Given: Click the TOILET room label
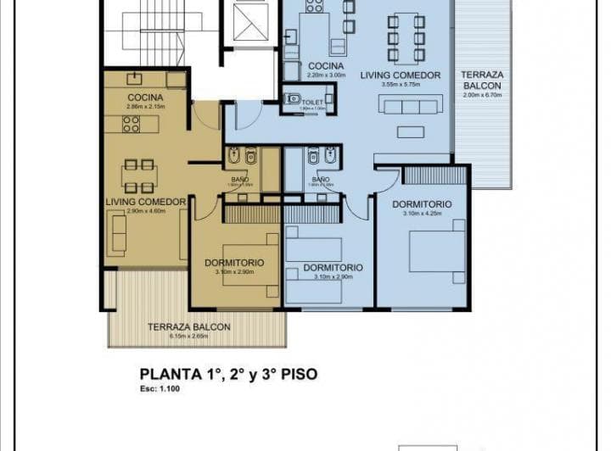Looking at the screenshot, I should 313,101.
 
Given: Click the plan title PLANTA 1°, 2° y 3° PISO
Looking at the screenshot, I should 228,373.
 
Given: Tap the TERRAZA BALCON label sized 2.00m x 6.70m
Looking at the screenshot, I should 481,81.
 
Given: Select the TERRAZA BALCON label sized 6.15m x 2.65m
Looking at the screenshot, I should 188,327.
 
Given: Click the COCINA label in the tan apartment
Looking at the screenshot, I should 144,97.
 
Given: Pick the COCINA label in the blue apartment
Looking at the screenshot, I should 326,65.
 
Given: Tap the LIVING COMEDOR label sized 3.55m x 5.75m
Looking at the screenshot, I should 401,75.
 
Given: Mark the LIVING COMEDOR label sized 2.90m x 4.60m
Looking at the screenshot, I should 146,202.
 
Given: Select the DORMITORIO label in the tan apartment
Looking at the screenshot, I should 233,263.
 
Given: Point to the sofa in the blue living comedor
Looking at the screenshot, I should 411,105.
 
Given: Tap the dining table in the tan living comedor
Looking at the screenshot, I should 138,175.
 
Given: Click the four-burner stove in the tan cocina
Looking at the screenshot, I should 132,125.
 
